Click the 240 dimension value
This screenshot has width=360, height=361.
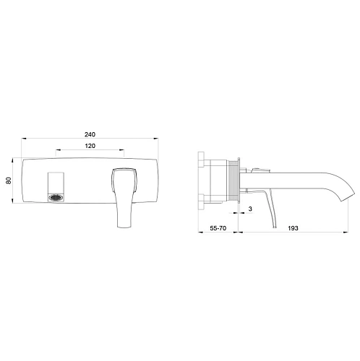pos(90,134)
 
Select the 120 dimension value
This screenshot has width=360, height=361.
pos(90,146)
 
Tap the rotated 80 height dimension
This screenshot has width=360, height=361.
pos(9,180)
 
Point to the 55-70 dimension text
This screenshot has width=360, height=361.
pos(218,228)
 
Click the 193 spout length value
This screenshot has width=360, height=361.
pos(293,228)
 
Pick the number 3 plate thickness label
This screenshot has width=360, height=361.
pos(250,209)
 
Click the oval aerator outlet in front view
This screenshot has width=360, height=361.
pos(56,198)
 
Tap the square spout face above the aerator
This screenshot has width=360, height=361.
pos(56,183)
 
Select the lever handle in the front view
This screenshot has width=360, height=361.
pos(124,197)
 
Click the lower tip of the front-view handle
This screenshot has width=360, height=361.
pos(124,227)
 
